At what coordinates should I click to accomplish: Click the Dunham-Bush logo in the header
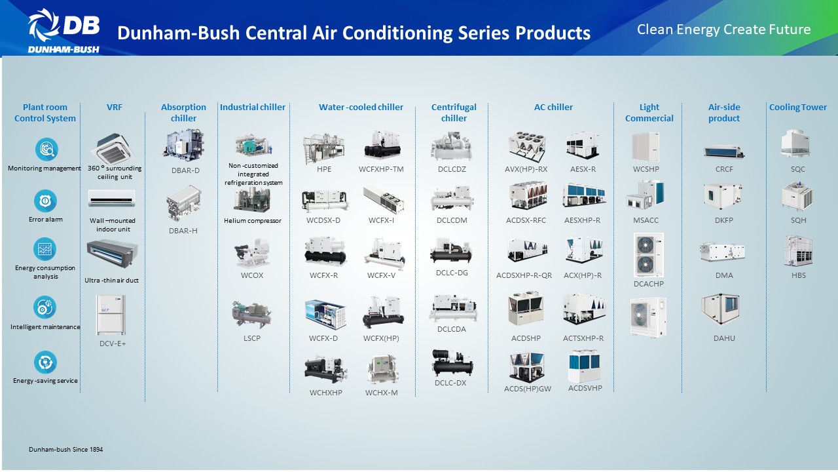pyautogui.click(x=64, y=31)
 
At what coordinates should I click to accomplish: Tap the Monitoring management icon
pyautogui.click(x=46, y=149)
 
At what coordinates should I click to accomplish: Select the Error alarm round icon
pyautogui.click(x=45, y=201)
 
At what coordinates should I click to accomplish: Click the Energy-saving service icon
pyautogui.click(x=45, y=363)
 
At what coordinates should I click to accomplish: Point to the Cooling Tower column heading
pyautogui.click(x=797, y=107)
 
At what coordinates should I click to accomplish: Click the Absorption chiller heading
pyautogui.click(x=183, y=112)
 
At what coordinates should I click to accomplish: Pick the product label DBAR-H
pyautogui.click(x=183, y=231)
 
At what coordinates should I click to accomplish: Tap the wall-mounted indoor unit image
pyautogui.click(x=111, y=199)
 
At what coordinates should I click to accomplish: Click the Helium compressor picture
pyautogui.click(x=252, y=200)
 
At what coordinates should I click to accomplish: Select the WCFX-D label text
pyautogui.click(x=323, y=338)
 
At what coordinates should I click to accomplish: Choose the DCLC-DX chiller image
pyautogui.click(x=452, y=363)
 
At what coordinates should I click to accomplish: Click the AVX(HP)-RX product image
pyautogui.click(x=527, y=146)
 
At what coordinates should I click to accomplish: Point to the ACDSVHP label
pyautogui.click(x=585, y=388)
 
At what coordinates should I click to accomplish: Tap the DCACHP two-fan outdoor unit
pyautogui.click(x=648, y=255)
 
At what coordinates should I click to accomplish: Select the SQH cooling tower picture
pyautogui.click(x=797, y=196)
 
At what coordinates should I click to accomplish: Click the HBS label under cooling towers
pyautogui.click(x=798, y=275)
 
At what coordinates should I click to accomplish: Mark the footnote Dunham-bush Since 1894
pyautogui.click(x=66, y=449)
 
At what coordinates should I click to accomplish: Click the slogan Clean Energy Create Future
pyautogui.click(x=724, y=29)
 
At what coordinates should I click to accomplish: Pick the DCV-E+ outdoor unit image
pyautogui.click(x=111, y=315)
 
